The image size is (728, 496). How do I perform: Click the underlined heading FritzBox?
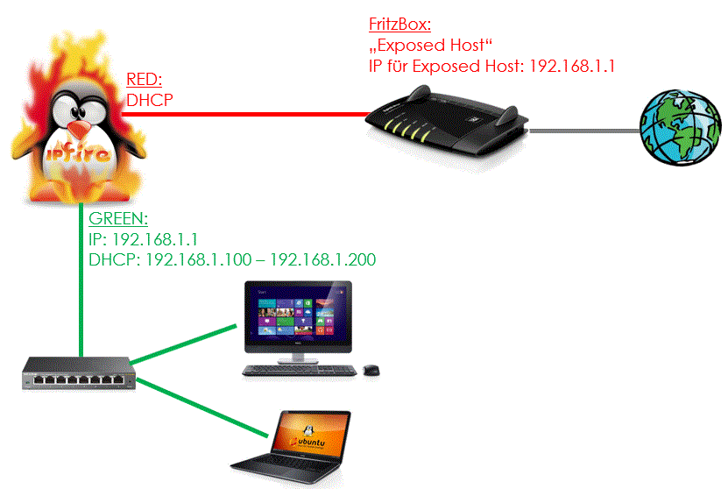click(399, 25)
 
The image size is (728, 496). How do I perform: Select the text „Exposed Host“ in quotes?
click(430, 46)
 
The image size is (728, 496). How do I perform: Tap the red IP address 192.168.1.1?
click(572, 67)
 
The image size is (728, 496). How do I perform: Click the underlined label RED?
click(144, 80)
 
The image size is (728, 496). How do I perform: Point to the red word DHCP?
click(150, 100)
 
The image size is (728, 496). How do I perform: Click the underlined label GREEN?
click(118, 218)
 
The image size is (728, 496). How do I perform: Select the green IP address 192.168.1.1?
click(155, 239)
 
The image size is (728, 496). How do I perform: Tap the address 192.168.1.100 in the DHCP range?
click(199, 259)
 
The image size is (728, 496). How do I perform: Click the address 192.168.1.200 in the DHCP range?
click(323, 259)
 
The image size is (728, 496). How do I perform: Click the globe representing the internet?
click(680, 127)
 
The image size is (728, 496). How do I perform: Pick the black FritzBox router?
click(447, 120)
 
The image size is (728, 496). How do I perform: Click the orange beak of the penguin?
click(79, 129)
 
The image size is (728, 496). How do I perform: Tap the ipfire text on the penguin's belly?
click(79, 153)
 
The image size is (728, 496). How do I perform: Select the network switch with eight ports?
click(79, 373)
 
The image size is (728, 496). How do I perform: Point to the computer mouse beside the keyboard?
click(371, 370)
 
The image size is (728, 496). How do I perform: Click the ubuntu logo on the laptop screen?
click(307, 439)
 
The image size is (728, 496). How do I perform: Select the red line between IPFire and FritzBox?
click(245, 114)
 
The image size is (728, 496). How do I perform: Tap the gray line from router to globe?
click(584, 131)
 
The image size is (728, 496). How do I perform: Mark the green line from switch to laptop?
click(202, 407)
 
